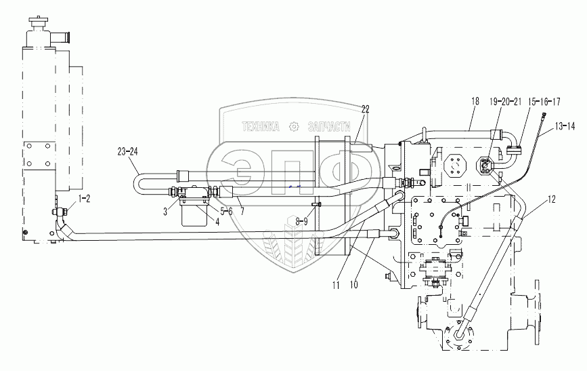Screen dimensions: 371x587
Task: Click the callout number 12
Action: (x=552, y=199)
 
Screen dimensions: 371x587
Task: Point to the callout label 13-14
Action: (x=564, y=126)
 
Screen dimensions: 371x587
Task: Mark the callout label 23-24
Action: (x=131, y=152)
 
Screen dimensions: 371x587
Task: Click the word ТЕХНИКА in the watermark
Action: (x=261, y=125)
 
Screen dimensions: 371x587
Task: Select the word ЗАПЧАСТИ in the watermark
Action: (x=329, y=126)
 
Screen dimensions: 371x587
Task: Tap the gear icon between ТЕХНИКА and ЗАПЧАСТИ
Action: (x=294, y=126)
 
